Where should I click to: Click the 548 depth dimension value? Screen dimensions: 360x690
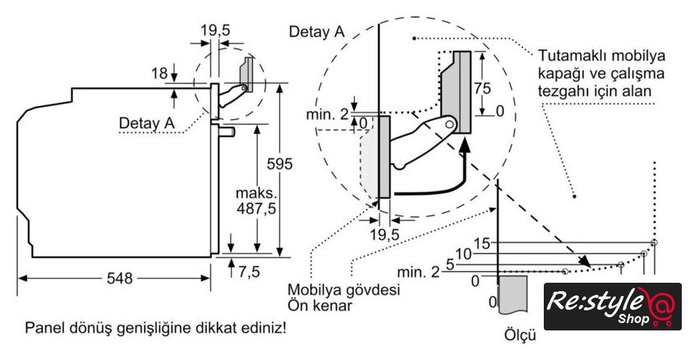click(x=119, y=278)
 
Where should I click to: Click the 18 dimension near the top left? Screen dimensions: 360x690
click(x=159, y=74)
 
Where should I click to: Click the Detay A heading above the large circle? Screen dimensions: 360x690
click(x=316, y=31)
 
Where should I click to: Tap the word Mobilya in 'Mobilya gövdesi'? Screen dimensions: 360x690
click(x=315, y=290)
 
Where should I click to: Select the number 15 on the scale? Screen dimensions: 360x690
click(x=483, y=243)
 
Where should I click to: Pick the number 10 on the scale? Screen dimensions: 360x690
click(x=465, y=254)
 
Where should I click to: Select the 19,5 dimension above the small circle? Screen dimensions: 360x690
click(x=215, y=30)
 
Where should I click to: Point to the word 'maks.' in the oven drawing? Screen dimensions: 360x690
click(x=254, y=193)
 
